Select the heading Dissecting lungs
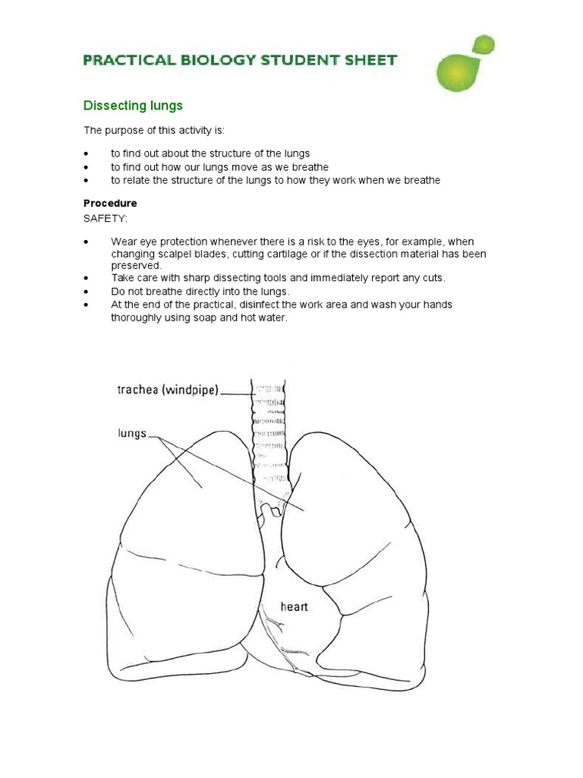(132, 106)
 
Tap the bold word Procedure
(110, 204)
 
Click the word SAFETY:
(106, 218)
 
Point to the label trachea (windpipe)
(168, 390)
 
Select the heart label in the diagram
(294, 606)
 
